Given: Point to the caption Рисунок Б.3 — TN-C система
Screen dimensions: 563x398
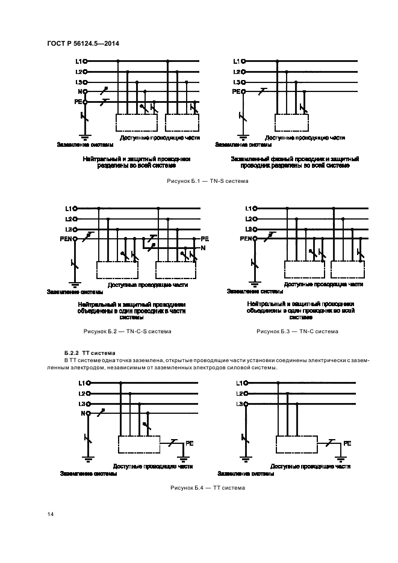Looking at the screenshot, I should tap(297, 331).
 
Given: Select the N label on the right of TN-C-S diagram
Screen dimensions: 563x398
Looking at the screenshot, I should tap(203, 248).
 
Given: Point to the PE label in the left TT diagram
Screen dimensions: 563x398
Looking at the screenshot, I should tap(188, 443).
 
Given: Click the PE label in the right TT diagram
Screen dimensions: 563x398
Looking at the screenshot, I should tap(347, 443).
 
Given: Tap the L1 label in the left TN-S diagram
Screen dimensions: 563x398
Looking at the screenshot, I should tap(78, 61).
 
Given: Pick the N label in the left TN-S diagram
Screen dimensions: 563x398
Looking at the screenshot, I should tap(79, 92).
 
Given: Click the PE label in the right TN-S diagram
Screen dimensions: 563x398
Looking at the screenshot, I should tap(236, 92).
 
